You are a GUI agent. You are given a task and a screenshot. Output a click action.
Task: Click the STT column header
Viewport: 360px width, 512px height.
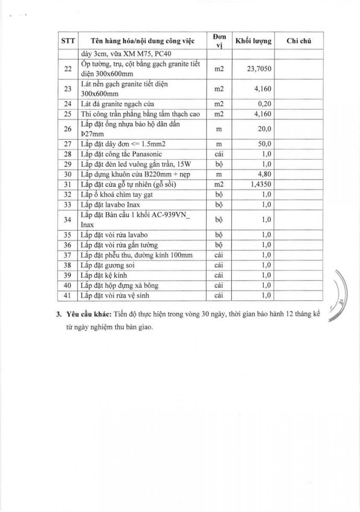[x=68, y=41]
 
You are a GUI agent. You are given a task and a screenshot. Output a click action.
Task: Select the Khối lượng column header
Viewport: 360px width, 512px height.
[x=253, y=41]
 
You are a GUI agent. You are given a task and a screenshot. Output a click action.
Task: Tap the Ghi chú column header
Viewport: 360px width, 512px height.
[x=299, y=41]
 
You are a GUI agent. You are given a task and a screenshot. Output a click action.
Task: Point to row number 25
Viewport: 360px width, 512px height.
[x=68, y=114]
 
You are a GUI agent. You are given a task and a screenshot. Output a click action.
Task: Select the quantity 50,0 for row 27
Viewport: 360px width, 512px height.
[x=265, y=144]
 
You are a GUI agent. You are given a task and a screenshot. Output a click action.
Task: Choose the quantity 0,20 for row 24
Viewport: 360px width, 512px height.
[x=264, y=104]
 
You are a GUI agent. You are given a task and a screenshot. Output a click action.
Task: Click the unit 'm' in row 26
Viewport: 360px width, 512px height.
[x=219, y=129]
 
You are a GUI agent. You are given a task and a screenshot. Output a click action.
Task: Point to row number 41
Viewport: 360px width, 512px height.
[x=68, y=295]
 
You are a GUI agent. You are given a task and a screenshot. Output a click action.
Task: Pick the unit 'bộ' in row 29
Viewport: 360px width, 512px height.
[x=219, y=164]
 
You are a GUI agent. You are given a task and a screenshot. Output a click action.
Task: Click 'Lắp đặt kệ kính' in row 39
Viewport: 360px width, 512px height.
[x=104, y=275]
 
